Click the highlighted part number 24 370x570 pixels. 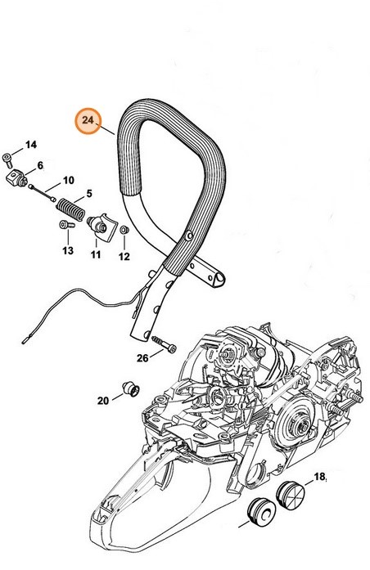(x=88, y=120)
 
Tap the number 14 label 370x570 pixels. (x=31, y=145)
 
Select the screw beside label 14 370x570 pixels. (x=7, y=160)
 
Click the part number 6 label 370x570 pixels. (x=40, y=166)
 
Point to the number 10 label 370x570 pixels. (x=69, y=180)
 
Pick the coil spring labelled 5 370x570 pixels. (x=70, y=209)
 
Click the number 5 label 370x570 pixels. (x=89, y=194)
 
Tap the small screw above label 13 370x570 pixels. (x=66, y=225)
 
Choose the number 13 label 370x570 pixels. (x=68, y=250)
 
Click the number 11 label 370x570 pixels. (x=96, y=254)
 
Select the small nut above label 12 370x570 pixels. (x=124, y=230)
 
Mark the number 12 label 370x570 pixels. (x=124, y=257)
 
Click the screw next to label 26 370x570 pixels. (x=165, y=343)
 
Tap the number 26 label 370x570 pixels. (x=142, y=358)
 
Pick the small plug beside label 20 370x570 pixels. (x=131, y=389)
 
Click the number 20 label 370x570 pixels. (x=103, y=401)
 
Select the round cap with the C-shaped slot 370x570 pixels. (x=261, y=512)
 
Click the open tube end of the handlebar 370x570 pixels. (x=219, y=280)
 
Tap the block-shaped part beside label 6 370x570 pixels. (x=16, y=178)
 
